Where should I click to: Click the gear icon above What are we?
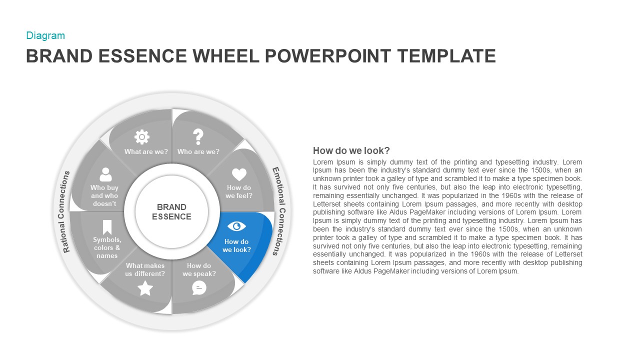click(142, 136)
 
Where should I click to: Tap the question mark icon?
click(198, 136)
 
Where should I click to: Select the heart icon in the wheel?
click(239, 174)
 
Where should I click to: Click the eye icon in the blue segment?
click(236, 226)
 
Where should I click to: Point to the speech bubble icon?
click(199, 287)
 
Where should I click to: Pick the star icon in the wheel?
click(145, 288)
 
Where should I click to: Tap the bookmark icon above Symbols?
click(107, 227)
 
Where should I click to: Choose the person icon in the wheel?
click(105, 174)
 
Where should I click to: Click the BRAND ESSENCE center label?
click(171, 212)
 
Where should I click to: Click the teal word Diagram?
click(45, 35)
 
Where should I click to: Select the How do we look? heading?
click(351, 150)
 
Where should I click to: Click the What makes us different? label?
click(145, 269)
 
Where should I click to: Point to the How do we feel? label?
click(239, 191)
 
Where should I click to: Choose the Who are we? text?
click(198, 151)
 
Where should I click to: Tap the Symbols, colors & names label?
click(107, 247)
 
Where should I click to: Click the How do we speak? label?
click(199, 269)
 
